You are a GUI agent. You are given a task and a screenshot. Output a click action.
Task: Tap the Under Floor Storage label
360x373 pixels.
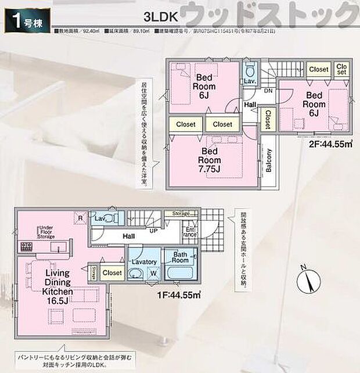coord(46,232)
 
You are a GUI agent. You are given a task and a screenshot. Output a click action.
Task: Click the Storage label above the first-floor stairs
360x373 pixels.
coord(181,214)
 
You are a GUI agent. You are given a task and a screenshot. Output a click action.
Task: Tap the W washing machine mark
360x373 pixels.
coord(153,272)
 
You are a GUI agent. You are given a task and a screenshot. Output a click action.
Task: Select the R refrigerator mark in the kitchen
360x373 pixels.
coord(79,218)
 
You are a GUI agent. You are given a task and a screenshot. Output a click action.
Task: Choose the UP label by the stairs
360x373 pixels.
coord(154,231)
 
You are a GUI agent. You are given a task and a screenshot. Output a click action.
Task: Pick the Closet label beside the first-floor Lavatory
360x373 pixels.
coord(112,272)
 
